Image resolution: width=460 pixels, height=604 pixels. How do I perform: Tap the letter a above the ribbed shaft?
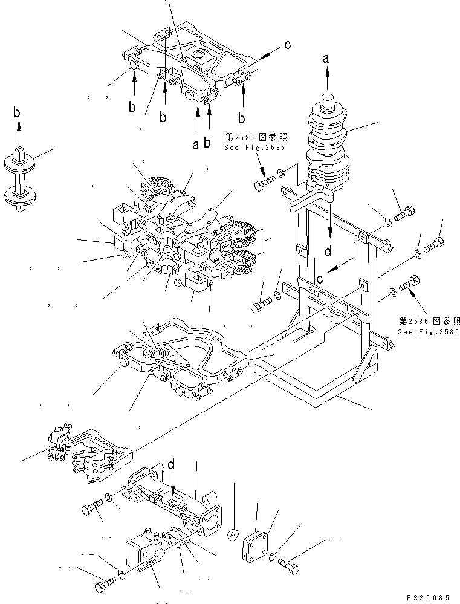[x=327, y=59]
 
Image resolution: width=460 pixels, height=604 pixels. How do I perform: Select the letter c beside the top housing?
[x=288, y=44]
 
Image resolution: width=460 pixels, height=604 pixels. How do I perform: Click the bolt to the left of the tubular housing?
[x=91, y=510]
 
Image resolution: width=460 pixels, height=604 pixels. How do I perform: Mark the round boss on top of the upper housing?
[x=198, y=56]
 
